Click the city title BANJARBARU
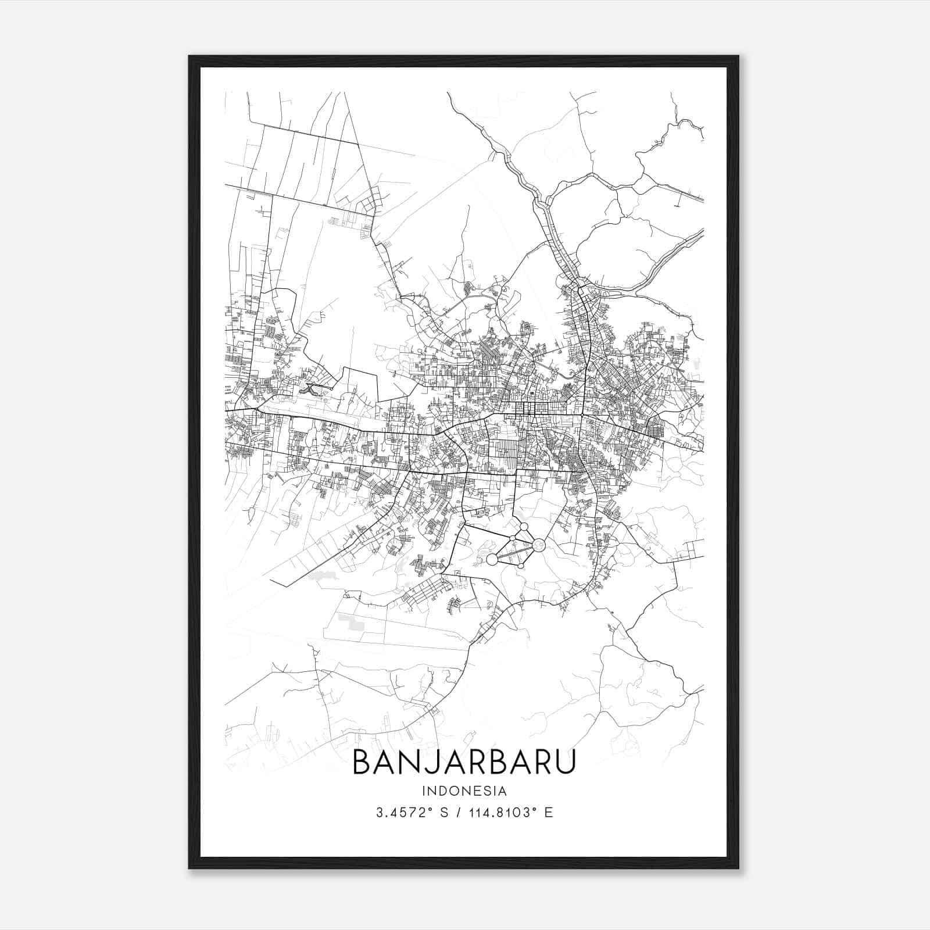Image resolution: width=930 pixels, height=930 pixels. pyautogui.click(x=464, y=762)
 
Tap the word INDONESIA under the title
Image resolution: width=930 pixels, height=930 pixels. pyautogui.click(x=464, y=791)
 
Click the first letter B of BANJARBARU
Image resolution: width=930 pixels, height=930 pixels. pyautogui.click(x=362, y=762)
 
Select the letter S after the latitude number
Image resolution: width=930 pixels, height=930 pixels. pyautogui.click(x=444, y=813)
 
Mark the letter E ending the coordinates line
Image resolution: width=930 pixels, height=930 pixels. pyautogui.click(x=548, y=813)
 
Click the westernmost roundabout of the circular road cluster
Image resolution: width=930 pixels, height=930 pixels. pyautogui.click(x=492, y=559)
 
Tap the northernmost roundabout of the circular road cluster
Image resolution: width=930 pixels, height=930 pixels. pyautogui.click(x=524, y=527)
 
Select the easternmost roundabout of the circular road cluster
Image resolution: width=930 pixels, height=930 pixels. pyautogui.click(x=539, y=545)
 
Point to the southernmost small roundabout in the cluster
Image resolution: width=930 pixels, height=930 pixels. pyautogui.click(x=521, y=566)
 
